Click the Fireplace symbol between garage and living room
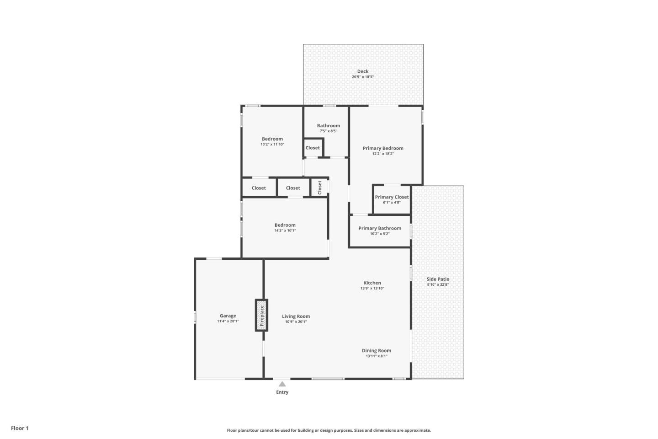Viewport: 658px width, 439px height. pyautogui.click(x=261, y=315)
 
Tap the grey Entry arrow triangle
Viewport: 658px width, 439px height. pyautogui.click(x=282, y=384)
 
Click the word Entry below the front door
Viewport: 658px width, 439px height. pyautogui.click(x=282, y=392)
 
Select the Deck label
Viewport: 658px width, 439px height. pyautogui.click(x=363, y=71)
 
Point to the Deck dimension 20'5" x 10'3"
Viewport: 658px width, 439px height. pyautogui.click(x=363, y=77)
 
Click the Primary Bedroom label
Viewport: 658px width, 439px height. pyautogui.click(x=383, y=148)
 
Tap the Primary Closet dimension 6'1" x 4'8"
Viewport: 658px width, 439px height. pyautogui.click(x=392, y=203)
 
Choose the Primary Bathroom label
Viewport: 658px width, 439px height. pyautogui.click(x=380, y=228)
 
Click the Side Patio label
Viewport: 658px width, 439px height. pyautogui.click(x=438, y=279)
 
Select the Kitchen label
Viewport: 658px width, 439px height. pyautogui.click(x=372, y=283)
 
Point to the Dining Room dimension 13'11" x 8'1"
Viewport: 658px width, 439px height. pyautogui.click(x=377, y=356)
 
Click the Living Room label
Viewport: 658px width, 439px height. pyautogui.click(x=296, y=316)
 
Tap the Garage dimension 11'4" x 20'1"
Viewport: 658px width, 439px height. pyautogui.click(x=228, y=321)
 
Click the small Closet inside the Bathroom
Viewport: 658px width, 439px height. pyautogui.click(x=313, y=148)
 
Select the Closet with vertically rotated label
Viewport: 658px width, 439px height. pyautogui.click(x=320, y=187)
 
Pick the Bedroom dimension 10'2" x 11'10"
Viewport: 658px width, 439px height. pyautogui.click(x=272, y=145)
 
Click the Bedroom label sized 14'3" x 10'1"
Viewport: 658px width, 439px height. pyautogui.click(x=285, y=225)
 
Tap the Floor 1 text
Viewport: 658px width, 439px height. pyautogui.click(x=20, y=428)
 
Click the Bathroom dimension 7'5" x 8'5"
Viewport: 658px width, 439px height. pyautogui.click(x=329, y=131)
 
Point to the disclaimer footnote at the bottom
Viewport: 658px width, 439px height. pyautogui.click(x=329, y=430)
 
